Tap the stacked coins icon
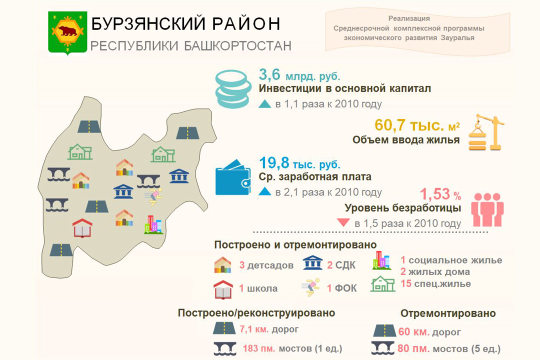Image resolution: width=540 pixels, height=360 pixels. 233,89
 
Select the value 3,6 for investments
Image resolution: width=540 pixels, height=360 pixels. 269,75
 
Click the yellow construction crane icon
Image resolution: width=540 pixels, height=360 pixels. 486,132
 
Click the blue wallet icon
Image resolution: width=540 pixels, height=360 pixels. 233,177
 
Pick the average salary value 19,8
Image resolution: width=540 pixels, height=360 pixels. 274,163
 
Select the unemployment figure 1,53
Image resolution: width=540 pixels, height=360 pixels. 435,194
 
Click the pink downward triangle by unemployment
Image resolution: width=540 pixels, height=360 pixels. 343,222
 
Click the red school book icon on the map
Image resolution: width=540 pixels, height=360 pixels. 82,227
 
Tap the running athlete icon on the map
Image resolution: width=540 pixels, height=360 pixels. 153,196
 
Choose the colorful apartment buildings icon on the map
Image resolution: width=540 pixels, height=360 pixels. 153,224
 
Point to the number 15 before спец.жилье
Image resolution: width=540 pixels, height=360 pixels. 406,283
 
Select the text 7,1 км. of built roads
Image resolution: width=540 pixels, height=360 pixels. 254,329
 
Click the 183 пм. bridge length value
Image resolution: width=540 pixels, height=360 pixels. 259,348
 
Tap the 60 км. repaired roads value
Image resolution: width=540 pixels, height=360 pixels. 413,332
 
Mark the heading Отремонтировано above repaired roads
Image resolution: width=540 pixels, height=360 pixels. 448,313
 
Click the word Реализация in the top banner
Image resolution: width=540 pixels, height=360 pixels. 409,18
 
